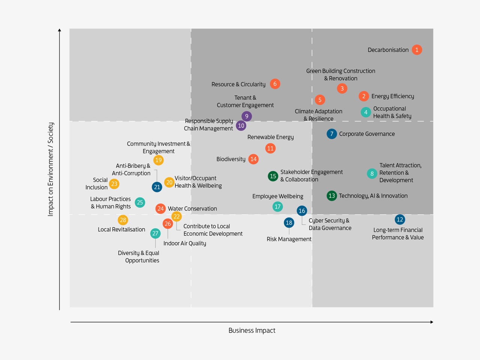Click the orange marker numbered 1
[417, 50]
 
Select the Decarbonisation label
[388, 50]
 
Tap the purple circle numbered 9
[246, 116]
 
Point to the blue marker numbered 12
[400, 220]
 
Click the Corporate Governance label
[367, 134]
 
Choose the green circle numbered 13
[331, 196]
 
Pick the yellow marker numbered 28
[123, 220]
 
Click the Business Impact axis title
[252, 330]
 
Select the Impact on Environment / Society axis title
[51, 169]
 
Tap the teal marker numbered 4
[366, 112]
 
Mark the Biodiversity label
[231, 159]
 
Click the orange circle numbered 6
[275, 84]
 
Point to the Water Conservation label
[192, 208]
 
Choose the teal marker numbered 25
[140, 202]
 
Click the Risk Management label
[289, 239]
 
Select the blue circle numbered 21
[157, 187]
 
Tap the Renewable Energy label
[270, 137]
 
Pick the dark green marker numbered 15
[273, 176]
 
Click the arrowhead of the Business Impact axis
[432, 322]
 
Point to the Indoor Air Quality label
[184, 243]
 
